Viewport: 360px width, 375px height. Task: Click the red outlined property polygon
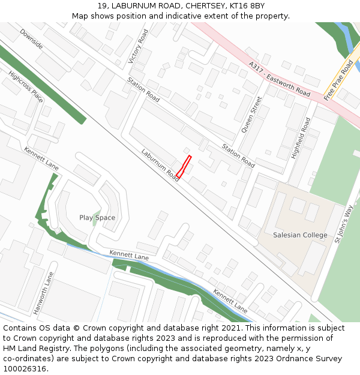click(184, 166)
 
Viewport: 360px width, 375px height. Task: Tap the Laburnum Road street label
click(160, 164)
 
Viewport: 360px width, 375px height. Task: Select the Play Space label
click(97, 218)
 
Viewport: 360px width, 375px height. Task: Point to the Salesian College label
click(300, 235)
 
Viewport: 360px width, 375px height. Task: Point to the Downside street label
click(31, 38)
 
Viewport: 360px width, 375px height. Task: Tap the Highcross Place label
click(26, 87)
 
